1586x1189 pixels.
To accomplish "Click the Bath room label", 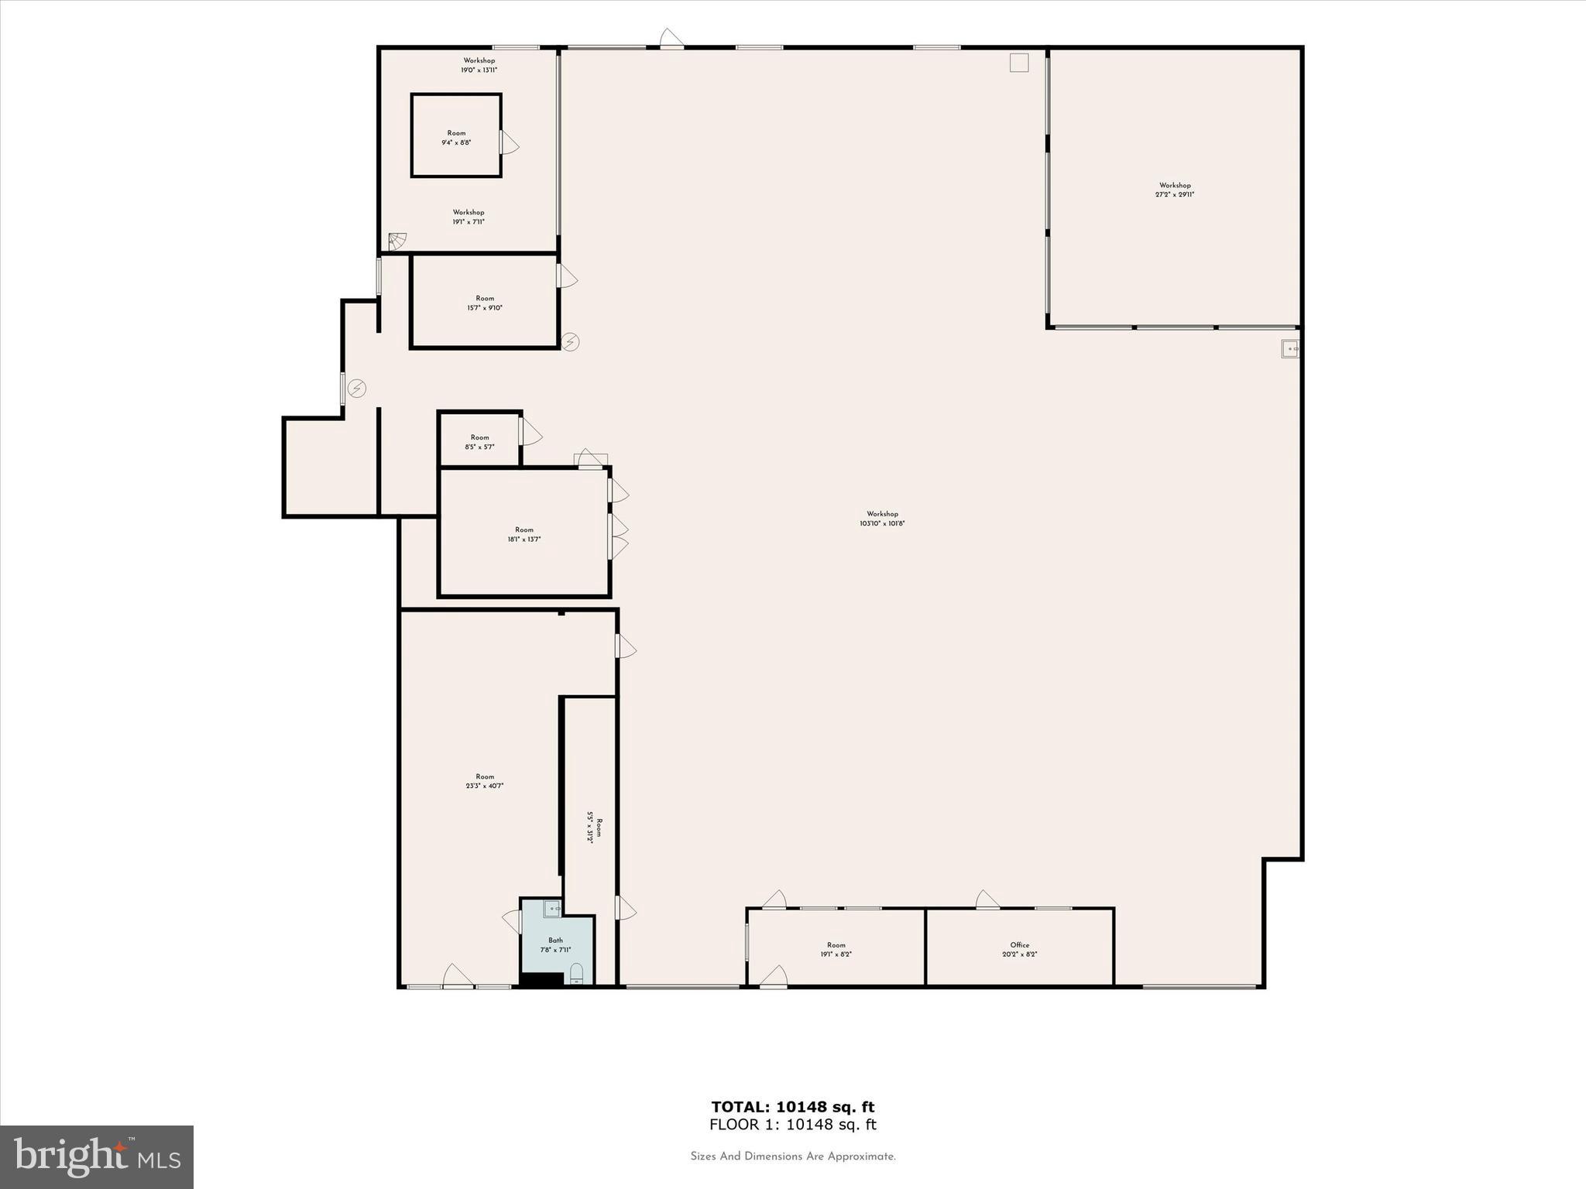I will [555, 945].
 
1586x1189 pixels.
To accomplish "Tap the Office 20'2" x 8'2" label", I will [1019, 950].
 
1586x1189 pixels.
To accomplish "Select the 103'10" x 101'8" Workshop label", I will [882, 519].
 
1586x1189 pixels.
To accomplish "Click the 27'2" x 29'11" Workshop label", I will [1174, 190].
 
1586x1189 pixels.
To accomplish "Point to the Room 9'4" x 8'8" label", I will [456, 138].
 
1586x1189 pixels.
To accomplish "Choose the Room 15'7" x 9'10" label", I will [485, 303].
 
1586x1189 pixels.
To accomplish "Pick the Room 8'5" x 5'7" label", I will [479, 442].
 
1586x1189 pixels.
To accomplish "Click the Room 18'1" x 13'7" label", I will [524, 535].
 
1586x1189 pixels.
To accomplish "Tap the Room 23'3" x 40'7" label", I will [485, 781].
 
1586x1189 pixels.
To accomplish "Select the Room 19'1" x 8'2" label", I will [836, 950].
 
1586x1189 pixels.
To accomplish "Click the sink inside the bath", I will [552, 909].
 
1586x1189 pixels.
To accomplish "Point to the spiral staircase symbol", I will [397, 242].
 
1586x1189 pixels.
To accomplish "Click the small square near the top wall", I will [1019, 63].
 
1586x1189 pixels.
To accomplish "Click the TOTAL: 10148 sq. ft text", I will [793, 1107].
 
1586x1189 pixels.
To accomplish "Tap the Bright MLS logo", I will [97, 1156].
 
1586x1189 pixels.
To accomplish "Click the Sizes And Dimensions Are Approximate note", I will [793, 1156].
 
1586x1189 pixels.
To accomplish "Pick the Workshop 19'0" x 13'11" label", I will [479, 65].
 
